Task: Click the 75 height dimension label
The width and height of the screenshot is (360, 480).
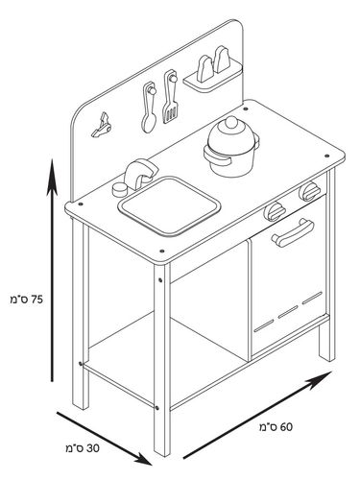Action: click(x=26, y=300)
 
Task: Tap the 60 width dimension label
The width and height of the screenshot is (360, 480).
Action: click(x=276, y=427)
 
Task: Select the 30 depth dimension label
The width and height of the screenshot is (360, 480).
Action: click(x=83, y=448)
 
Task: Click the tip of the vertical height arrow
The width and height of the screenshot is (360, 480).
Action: click(x=52, y=159)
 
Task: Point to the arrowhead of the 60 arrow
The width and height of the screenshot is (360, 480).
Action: click(x=332, y=372)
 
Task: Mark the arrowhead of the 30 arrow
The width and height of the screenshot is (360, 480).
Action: click(x=152, y=465)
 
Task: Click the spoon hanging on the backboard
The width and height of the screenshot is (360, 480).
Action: click(x=149, y=108)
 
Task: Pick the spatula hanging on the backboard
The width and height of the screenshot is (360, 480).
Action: click(x=170, y=96)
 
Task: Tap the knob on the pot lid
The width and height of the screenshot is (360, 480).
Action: click(x=231, y=122)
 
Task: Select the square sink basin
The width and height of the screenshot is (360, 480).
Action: click(x=170, y=205)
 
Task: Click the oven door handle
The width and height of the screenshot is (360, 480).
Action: click(x=293, y=232)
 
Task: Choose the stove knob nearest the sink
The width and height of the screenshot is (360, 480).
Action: click(x=275, y=212)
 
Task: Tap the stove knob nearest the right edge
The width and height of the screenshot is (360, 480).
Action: click(x=309, y=191)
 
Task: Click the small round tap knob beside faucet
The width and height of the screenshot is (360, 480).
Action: click(x=120, y=190)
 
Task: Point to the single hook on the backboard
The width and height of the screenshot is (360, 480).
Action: click(x=102, y=126)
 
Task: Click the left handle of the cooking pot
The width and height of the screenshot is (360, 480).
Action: click(x=216, y=156)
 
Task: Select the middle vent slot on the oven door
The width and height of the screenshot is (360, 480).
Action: click(x=288, y=312)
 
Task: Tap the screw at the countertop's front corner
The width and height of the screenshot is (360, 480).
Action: click(x=162, y=251)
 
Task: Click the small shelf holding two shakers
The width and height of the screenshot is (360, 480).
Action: click(x=213, y=80)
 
